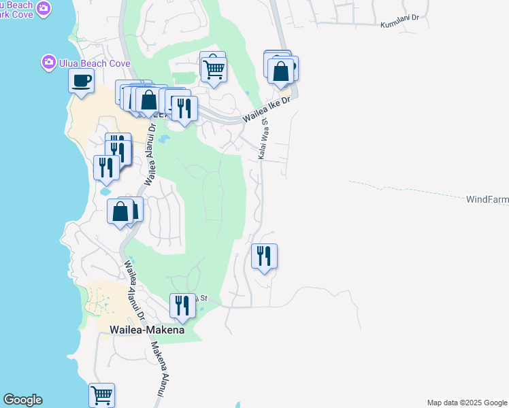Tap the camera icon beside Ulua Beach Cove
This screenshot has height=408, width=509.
tap(48, 63)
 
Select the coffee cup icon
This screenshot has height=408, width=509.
tap(81, 81)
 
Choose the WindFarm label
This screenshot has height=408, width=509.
tap(487, 200)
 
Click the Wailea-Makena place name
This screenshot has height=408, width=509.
tap(147, 330)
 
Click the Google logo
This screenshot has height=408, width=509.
tap(22, 400)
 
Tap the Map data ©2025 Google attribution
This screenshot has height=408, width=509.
tap(467, 403)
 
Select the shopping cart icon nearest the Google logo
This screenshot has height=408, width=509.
tap(101, 394)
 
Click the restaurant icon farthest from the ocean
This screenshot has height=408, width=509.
tap(264, 256)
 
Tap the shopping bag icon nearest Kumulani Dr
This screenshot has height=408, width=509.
tap(280, 70)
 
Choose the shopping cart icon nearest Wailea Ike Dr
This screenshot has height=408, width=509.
tap(214, 67)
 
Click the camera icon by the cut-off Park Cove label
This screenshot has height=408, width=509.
tap(44, 8)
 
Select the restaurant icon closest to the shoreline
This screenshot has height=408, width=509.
tap(105, 167)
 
